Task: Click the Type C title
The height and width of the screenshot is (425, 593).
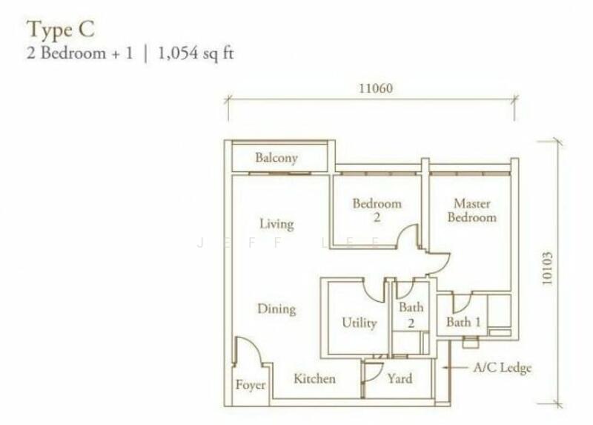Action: [60, 30]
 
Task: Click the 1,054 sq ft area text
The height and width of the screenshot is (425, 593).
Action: [196, 53]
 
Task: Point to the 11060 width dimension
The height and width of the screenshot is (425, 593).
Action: [376, 88]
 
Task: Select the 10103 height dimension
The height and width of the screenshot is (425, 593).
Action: [547, 268]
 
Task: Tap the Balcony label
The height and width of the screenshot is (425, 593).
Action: [276, 158]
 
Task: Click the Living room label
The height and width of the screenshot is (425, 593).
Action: [276, 224]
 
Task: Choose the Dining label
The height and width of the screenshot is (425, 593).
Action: [276, 309]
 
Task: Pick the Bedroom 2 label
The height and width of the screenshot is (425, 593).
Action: [377, 211]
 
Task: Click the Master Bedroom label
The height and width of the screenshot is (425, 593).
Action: [472, 211]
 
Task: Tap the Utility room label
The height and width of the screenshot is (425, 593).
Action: [360, 323]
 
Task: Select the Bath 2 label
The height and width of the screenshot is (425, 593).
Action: [411, 314]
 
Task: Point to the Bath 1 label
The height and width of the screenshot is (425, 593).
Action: [463, 322]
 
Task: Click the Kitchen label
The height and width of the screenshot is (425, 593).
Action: [314, 378]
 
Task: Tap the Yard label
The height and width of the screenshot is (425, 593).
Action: [400, 378]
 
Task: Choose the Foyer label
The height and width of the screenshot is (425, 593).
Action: [251, 385]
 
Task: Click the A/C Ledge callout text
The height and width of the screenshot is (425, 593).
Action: [503, 367]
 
